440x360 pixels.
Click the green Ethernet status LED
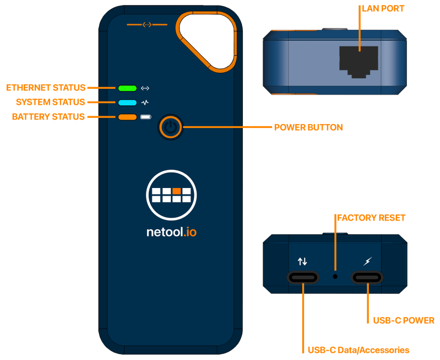point(127,88)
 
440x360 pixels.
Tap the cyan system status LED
point(127,102)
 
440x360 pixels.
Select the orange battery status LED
point(127,117)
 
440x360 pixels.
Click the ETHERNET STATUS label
point(46,88)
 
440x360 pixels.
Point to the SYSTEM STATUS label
point(50,102)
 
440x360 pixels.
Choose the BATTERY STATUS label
point(48,117)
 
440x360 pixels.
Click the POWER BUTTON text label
point(308,127)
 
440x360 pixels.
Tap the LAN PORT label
point(383,9)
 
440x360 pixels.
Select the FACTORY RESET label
point(371,218)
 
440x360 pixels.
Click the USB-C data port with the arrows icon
point(303,277)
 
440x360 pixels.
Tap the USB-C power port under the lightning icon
point(368,277)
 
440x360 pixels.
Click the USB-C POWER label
point(404,320)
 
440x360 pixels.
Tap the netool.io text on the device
point(171,232)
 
